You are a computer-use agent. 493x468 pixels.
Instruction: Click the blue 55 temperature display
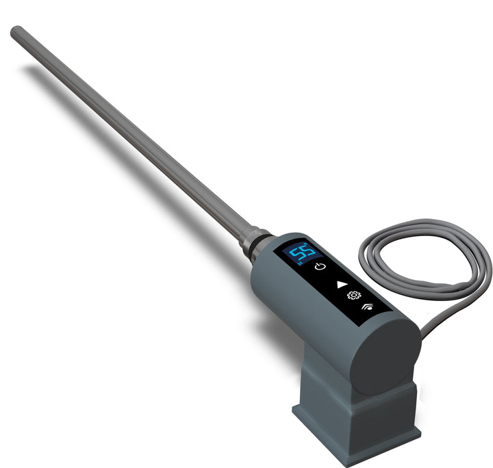[x=296, y=254]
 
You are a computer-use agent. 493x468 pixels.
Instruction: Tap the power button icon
[x=320, y=266]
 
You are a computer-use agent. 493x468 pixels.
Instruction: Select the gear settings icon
[x=353, y=296]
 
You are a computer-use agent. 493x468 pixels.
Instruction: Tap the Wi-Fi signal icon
[x=369, y=308]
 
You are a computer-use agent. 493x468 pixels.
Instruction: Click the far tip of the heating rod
[x=16, y=30]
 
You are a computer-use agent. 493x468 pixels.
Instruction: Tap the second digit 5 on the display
[x=302, y=251]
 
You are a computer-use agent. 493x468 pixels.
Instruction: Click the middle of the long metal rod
[x=130, y=133]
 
